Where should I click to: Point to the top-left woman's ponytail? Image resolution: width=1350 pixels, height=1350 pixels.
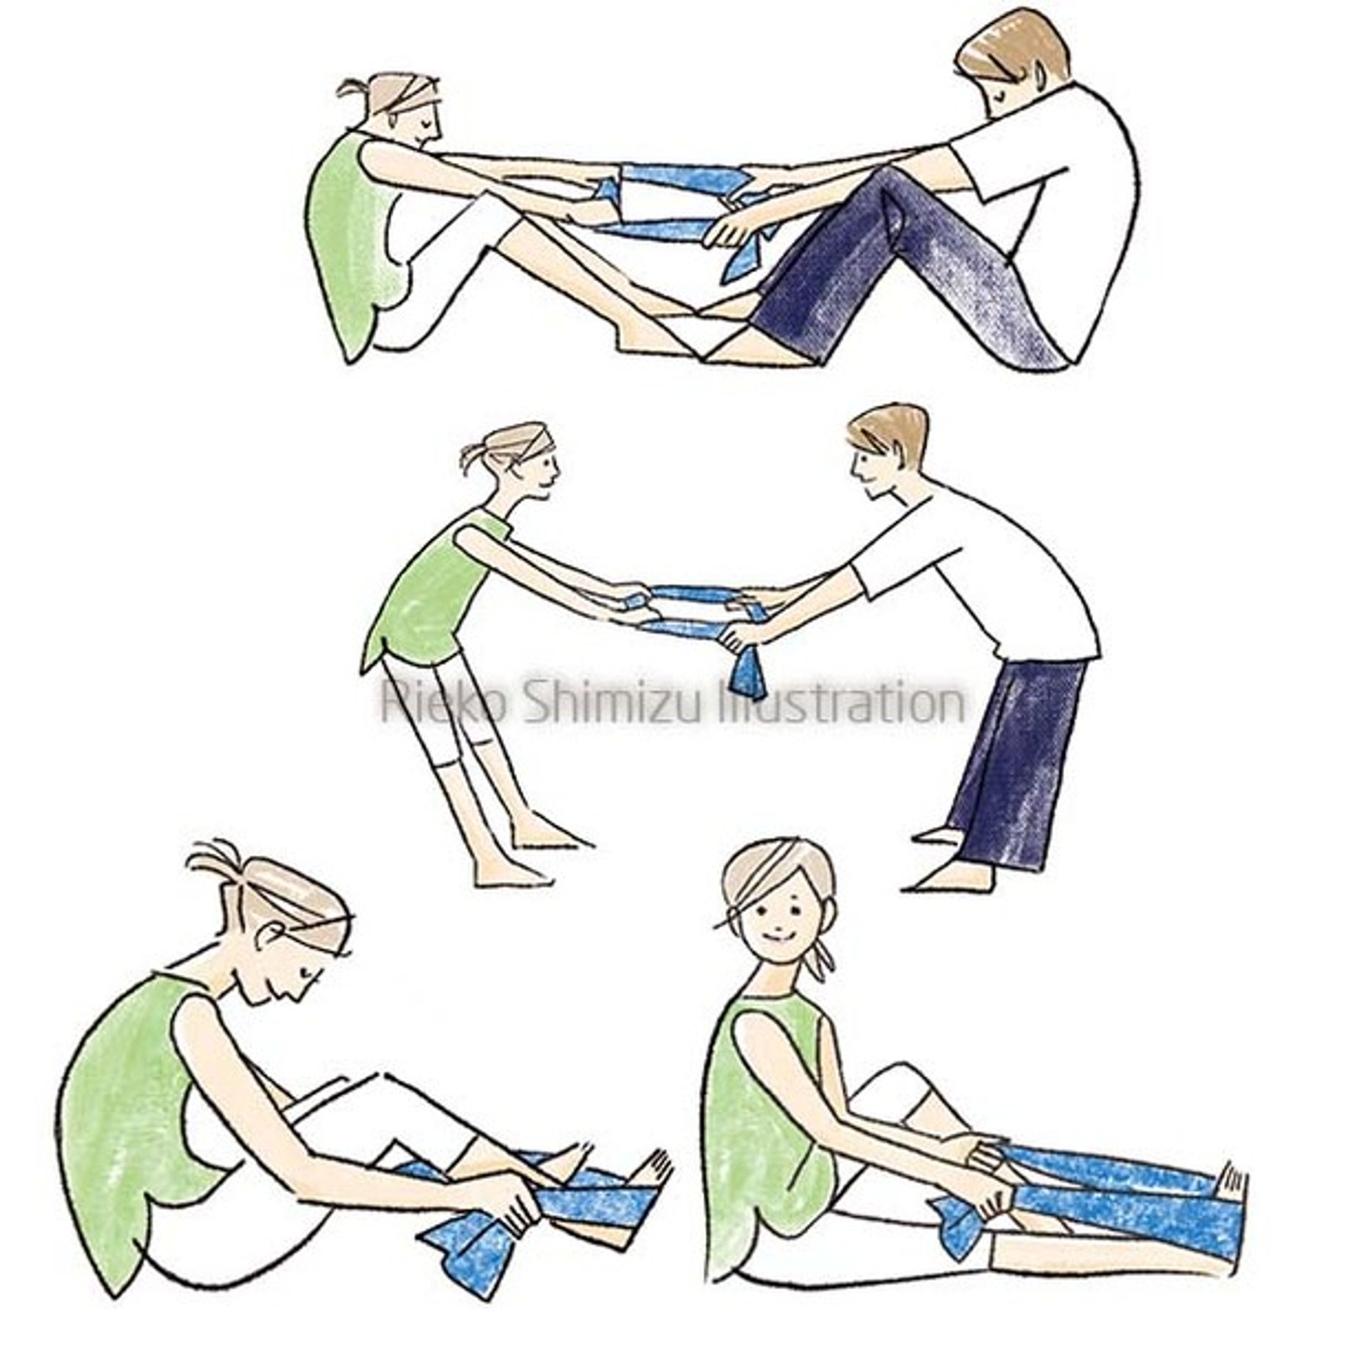(x=357, y=87)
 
